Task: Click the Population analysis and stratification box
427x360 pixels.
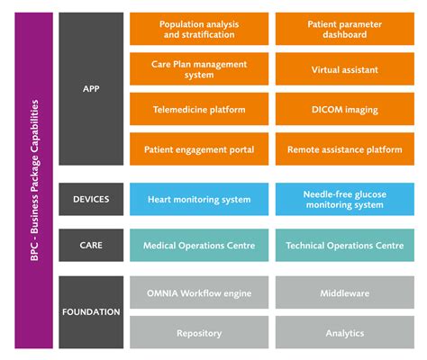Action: click(197, 29)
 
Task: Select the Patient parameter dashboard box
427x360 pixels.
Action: click(343, 29)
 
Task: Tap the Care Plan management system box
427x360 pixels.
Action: click(197, 68)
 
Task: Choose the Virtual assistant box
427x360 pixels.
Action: click(343, 68)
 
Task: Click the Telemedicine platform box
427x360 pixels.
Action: click(197, 109)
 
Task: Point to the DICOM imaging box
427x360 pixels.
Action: click(343, 109)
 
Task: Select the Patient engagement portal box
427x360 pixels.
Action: click(197, 148)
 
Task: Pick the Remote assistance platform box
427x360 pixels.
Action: click(343, 148)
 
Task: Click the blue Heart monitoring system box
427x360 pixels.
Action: click(197, 199)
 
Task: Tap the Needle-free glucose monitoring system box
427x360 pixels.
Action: click(343, 199)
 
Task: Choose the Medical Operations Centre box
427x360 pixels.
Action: click(197, 245)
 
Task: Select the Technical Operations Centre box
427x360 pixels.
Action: click(343, 245)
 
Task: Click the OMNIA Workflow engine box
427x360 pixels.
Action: click(197, 292)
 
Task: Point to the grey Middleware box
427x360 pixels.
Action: click(343, 292)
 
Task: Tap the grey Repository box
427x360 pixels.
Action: click(197, 332)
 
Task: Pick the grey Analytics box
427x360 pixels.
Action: click(343, 332)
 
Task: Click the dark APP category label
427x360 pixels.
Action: click(91, 88)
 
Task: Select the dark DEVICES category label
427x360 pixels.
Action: click(91, 199)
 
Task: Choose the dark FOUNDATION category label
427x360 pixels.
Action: click(91, 312)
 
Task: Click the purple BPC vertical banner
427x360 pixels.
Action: click(33, 180)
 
